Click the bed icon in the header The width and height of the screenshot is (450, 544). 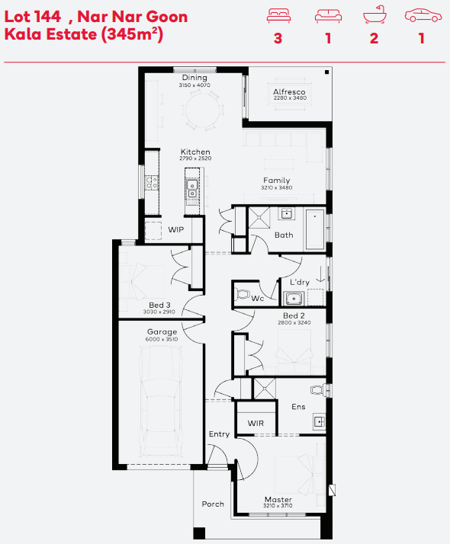click(278, 16)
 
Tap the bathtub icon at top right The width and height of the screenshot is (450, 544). click(374, 15)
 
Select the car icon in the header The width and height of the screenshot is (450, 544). click(423, 15)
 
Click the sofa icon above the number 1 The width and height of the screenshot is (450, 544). click(328, 16)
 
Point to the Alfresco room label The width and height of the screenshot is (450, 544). click(289, 91)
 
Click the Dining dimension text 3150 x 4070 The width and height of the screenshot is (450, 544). click(194, 85)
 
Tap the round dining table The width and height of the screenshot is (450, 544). click(202, 110)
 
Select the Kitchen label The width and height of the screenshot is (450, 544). click(195, 152)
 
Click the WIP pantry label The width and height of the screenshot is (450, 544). click(176, 229)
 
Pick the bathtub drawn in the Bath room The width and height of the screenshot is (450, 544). click(315, 229)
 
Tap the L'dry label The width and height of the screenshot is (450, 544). click(300, 282)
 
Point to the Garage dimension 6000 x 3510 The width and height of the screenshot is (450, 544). click(162, 339)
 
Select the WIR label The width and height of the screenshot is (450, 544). click(256, 424)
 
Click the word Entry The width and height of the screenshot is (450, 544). click(219, 434)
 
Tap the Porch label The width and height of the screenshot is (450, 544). click(213, 504)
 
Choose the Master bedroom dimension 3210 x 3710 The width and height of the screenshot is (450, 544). click(278, 505)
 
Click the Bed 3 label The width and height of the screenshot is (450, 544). click(159, 305)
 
